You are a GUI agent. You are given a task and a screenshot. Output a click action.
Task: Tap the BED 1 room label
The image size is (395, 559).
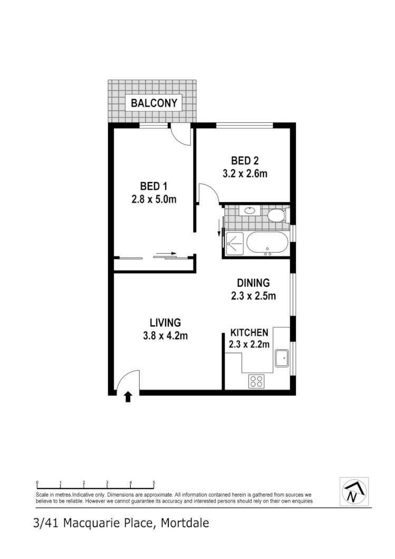pos(153,186)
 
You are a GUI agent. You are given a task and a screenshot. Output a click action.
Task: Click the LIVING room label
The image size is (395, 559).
pos(165,322)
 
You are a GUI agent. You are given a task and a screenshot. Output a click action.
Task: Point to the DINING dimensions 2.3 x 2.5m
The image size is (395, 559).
pos(254,296)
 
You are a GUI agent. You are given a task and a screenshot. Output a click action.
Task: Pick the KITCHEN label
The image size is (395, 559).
pos(249,333)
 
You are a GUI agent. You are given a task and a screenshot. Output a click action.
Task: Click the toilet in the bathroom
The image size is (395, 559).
pos(276,215)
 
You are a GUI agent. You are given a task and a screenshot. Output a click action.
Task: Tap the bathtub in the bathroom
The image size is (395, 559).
pos(267,244)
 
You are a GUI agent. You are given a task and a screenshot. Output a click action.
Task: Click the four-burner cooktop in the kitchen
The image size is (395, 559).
pos(256,381)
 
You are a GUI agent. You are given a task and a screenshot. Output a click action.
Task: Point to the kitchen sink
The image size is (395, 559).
pos(281,359)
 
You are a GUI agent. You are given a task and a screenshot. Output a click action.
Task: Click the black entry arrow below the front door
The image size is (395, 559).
pos(128,397)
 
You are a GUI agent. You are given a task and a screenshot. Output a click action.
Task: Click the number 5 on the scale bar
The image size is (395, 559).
pos(154,483)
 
